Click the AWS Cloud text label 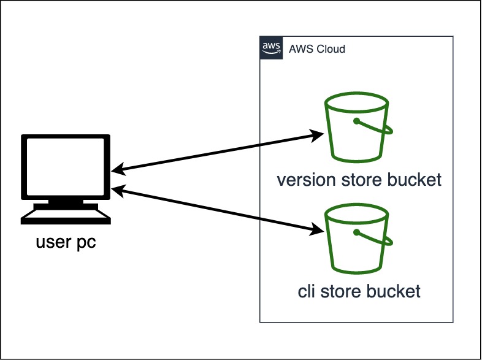coord(317,49)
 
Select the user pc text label coord(66,243)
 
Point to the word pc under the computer coord(85,243)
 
